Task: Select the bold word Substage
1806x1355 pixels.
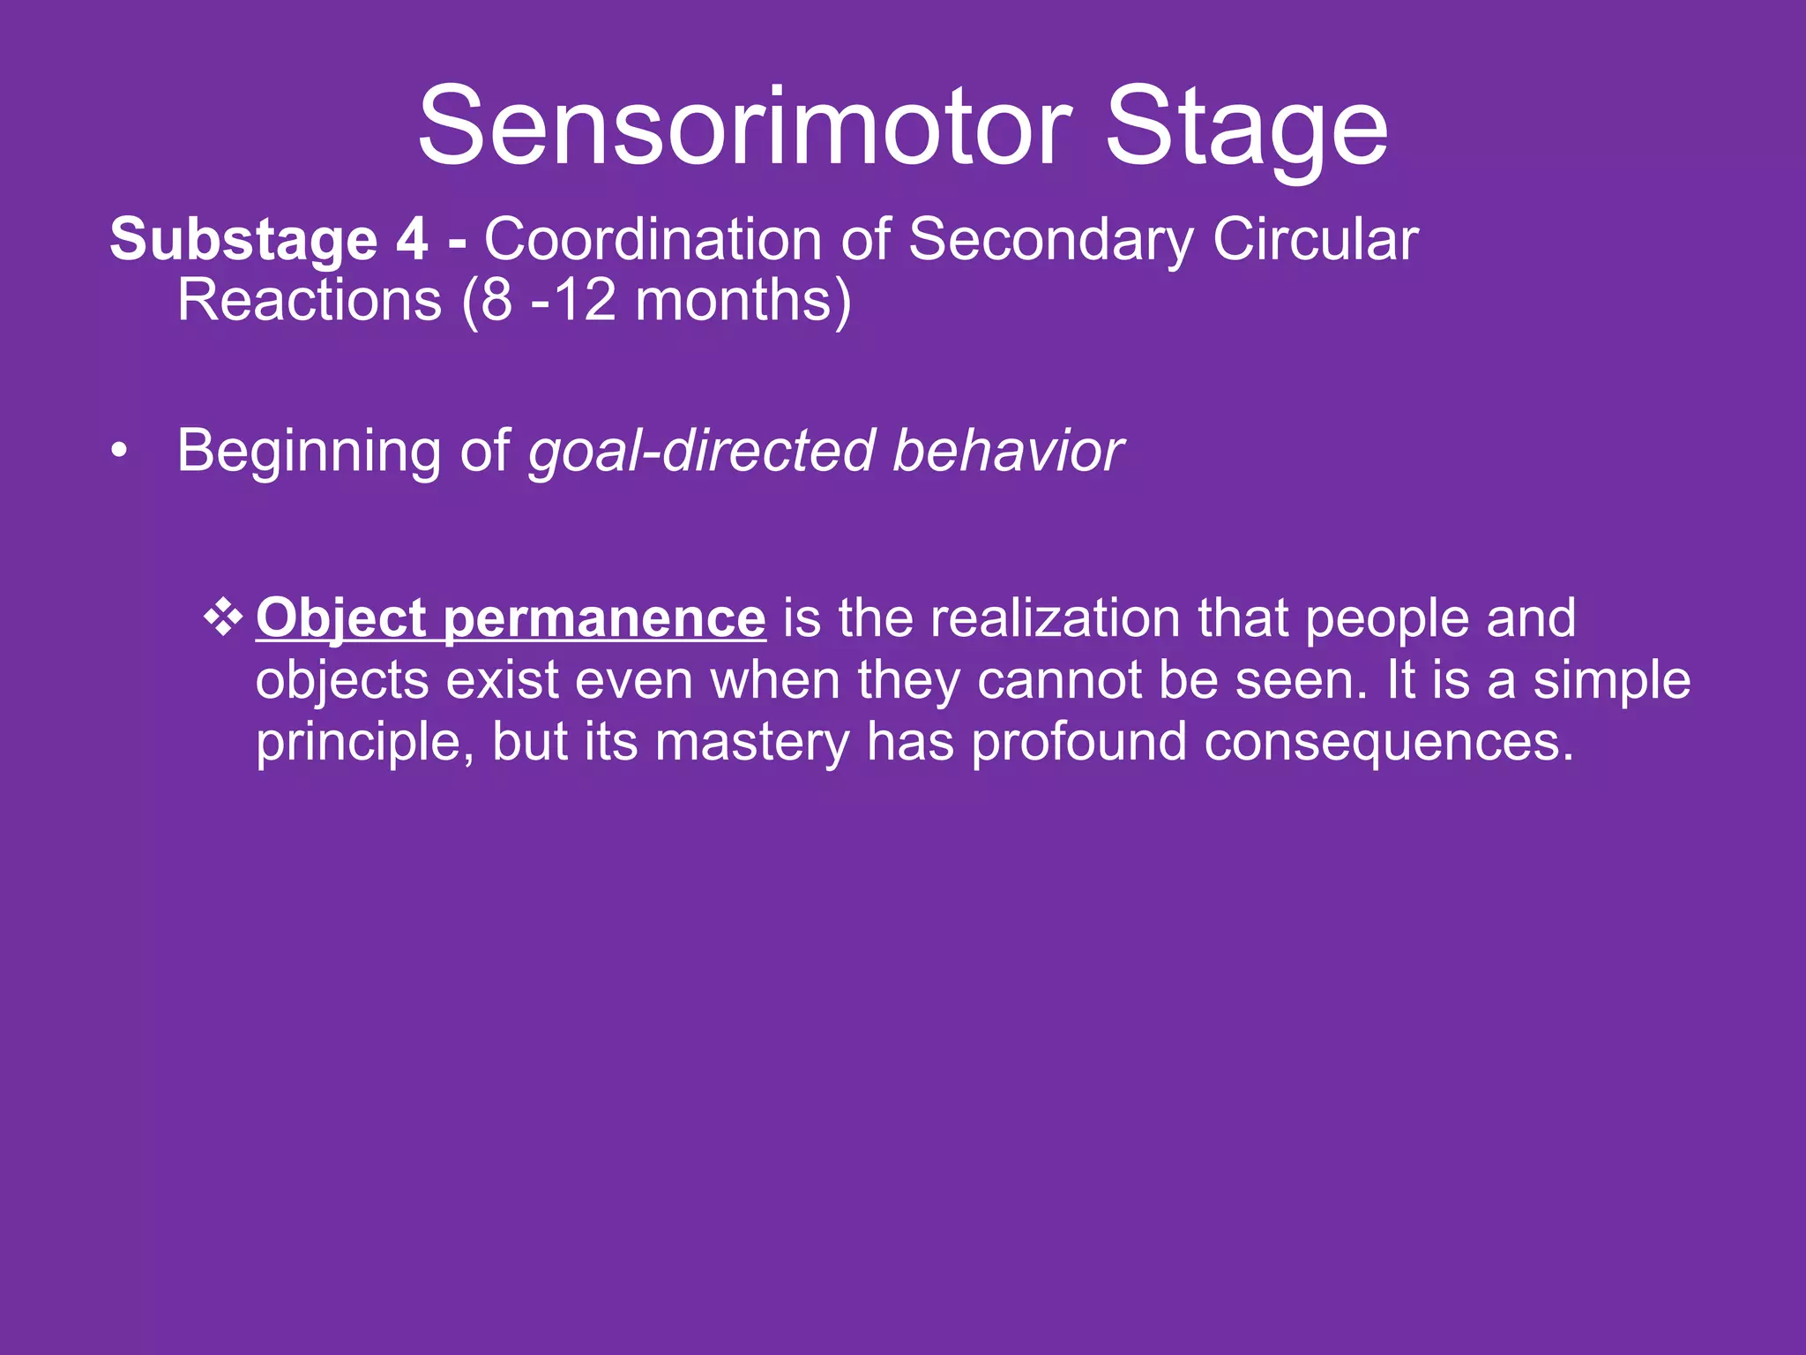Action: tap(243, 240)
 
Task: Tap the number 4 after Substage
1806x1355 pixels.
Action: tap(412, 240)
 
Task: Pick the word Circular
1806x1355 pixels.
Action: tap(1315, 240)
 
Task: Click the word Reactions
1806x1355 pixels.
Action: tap(310, 301)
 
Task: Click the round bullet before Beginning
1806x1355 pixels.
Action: tap(119, 453)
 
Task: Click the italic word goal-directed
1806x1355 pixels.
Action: tap(702, 453)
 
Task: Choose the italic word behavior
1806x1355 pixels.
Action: tap(1008, 451)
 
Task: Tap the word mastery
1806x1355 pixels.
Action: tap(752, 743)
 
